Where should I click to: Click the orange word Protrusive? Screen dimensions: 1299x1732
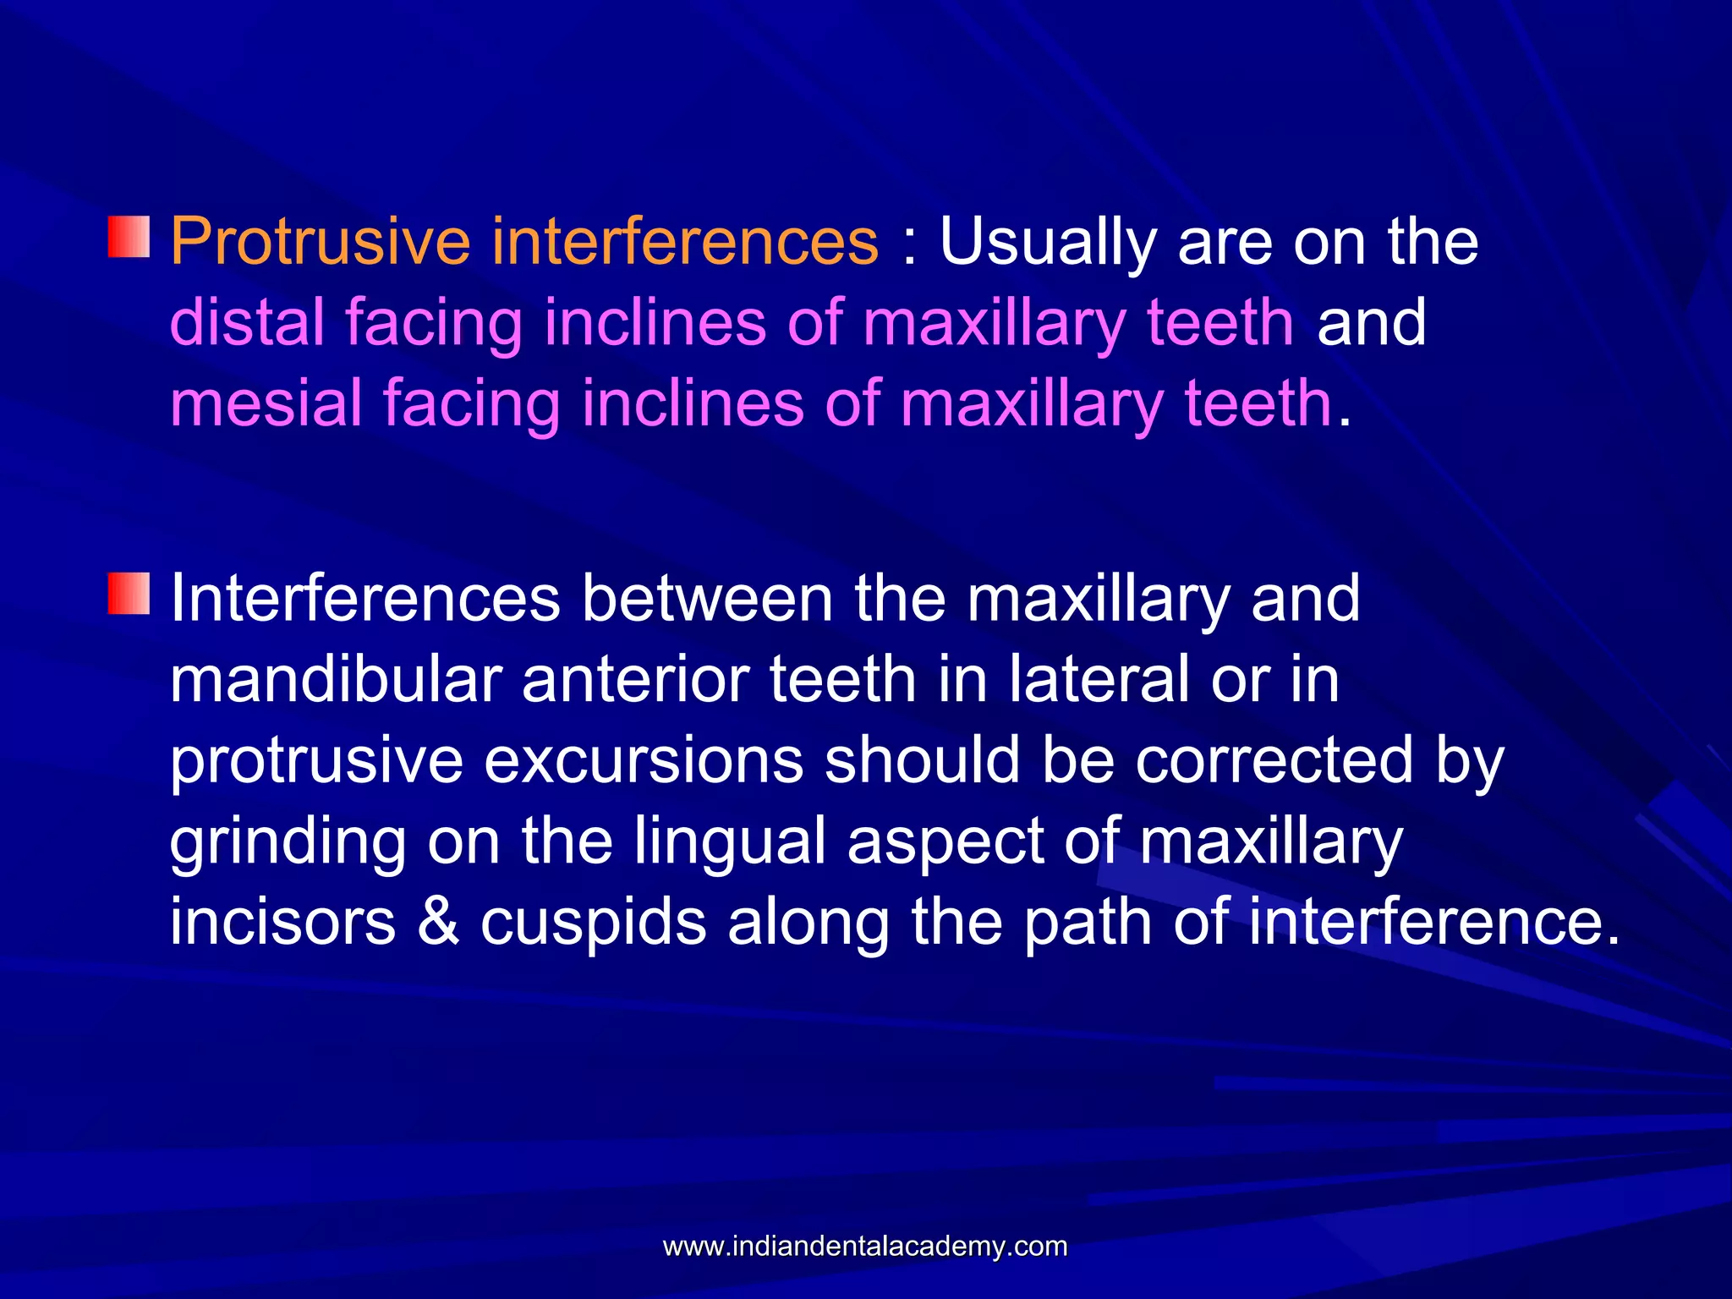point(321,243)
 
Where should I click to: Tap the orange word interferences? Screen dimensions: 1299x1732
point(685,243)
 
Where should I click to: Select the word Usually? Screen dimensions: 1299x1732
point(1047,243)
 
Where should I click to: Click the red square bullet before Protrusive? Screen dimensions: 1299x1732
point(129,237)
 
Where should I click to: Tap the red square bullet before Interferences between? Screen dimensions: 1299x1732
point(129,594)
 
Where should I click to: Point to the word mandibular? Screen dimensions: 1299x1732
point(335,680)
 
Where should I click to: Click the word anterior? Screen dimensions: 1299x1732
point(634,680)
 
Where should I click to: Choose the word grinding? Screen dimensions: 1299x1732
point(288,841)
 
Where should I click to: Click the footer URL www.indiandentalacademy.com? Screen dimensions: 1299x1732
point(865,1246)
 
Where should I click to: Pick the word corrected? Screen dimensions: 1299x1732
point(1274,760)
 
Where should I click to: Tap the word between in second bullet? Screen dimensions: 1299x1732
point(707,599)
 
